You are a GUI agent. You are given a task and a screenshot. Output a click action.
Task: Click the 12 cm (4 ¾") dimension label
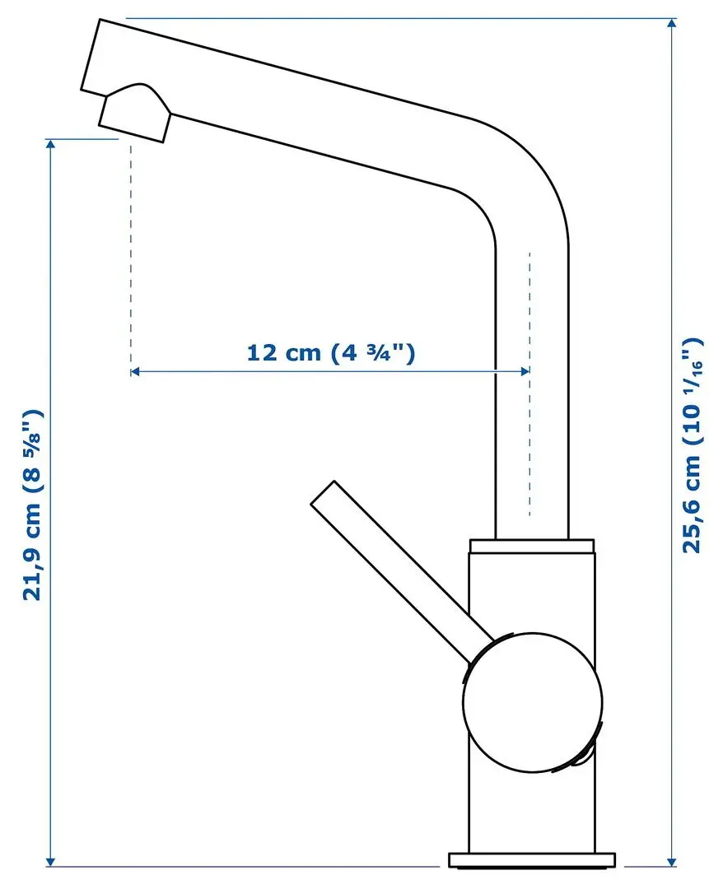click(x=329, y=353)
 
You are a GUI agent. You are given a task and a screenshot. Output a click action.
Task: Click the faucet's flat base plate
click(x=531, y=859)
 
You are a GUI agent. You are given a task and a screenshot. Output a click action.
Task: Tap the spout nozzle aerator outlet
click(x=135, y=119)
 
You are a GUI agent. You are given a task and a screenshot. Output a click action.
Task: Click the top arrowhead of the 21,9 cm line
click(x=51, y=145)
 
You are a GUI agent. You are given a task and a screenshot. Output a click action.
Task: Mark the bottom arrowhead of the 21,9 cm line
click(x=51, y=859)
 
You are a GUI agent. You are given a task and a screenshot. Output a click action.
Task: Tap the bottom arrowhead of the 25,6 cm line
click(x=673, y=859)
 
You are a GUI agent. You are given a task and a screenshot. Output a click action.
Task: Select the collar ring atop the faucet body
click(x=531, y=546)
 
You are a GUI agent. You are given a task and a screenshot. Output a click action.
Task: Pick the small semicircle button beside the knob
click(x=585, y=753)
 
